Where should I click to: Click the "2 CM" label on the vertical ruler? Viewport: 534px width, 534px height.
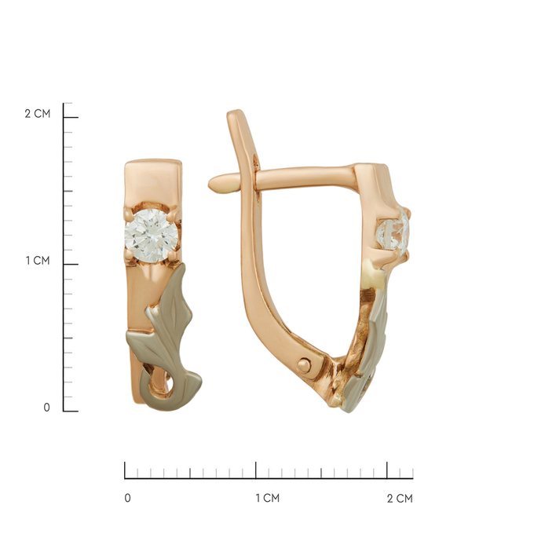[38, 113]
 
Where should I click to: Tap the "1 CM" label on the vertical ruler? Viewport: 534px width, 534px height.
[38, 261]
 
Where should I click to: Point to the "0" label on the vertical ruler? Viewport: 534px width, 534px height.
[46, 408]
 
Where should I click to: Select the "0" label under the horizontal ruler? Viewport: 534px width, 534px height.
[128, 498]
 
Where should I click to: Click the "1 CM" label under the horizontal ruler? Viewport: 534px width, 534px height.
[268, 498]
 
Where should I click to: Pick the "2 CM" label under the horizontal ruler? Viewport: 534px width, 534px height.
[400, 498]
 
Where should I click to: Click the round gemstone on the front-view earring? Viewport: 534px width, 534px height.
[152, 236]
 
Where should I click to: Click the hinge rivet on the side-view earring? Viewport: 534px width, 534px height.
[303, 366]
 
